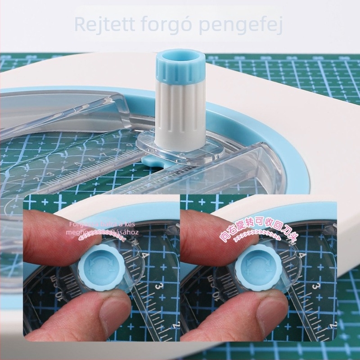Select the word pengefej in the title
tap(243, 25)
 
